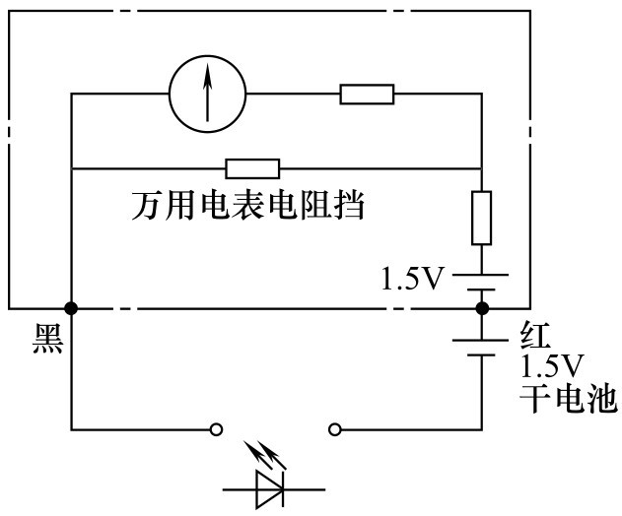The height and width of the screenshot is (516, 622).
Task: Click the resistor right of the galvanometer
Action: pos(367,95)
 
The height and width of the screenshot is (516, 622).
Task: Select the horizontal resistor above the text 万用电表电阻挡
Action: pos(252,168)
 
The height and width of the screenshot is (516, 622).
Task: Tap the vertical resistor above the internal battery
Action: pos(482,218)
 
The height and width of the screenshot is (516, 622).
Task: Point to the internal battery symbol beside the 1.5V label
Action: pos(481,283)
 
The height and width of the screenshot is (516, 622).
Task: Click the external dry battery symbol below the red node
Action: pos(481,348)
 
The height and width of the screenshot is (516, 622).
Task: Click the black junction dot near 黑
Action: pos(71,308)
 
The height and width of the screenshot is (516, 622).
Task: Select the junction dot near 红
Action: pos(482,308)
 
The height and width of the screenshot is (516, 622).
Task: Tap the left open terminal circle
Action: pos(216,429)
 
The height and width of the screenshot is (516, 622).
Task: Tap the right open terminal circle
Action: pos(335,429)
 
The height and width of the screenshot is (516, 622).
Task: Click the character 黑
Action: pos(47,338)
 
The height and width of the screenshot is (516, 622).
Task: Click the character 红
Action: pos(535,335)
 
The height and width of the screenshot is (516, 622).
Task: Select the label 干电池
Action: pos(569,398)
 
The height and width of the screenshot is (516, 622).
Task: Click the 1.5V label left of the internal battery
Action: pos(411,279)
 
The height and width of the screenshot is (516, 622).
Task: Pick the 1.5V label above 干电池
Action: pos(552,365)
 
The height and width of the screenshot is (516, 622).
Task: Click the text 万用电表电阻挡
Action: pos(248,205)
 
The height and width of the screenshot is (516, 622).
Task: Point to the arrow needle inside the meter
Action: pos(207,94)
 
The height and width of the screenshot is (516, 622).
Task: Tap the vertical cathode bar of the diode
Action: pos(283,489)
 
